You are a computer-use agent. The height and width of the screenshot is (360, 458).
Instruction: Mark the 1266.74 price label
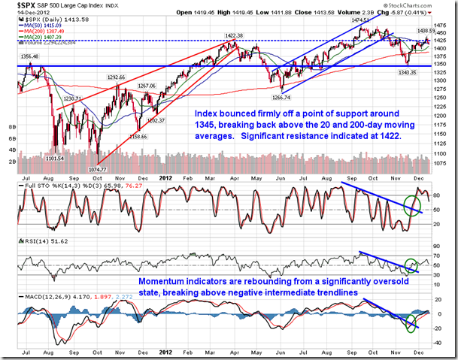[x=281, y=97]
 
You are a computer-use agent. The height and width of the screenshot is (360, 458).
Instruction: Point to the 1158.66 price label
[x=139, y=136]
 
